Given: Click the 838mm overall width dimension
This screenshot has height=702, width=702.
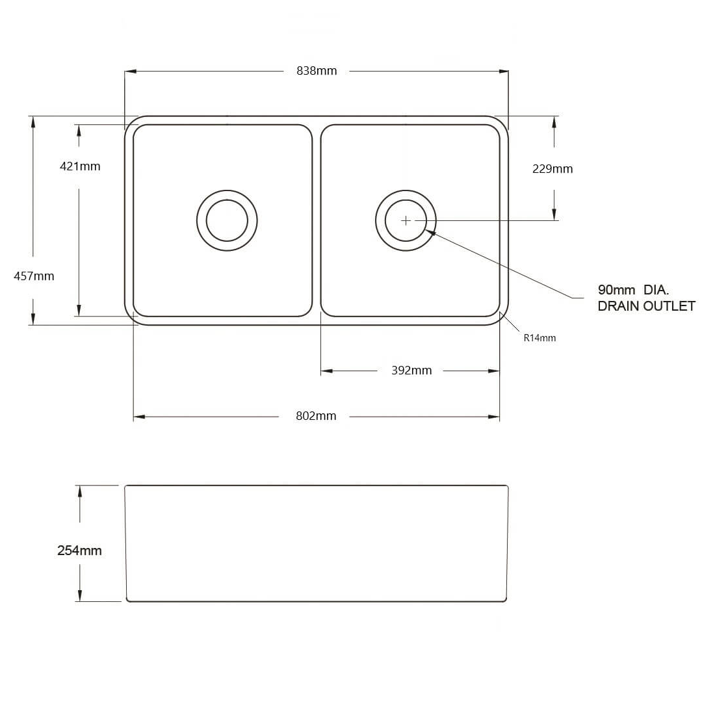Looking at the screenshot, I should pyautogui.click(x=317, y=71).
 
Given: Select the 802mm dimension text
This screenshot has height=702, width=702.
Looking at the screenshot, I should pyautogui.click(x=316, y=416).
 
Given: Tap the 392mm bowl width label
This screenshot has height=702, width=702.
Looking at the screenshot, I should pyautogui.click(x=411, y=370).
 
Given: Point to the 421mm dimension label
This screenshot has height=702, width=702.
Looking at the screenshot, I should pyautogui.click(x=80, y=166).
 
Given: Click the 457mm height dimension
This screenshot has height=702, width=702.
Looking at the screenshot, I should pyautogui.click(x=34, y=276).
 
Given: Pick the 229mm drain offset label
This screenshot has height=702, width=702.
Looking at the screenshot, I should pyautogui.click(x=552, y=169).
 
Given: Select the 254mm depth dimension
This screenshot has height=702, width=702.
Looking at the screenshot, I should pyautogui.click(x=79, y=551).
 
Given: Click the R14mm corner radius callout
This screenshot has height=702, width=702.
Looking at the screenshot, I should pyautogui.click(x=539, y=338).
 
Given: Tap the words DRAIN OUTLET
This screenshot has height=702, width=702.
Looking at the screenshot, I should pyautogui.click(x=646, y=306).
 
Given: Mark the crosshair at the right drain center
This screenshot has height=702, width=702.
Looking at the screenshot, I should pyautogui.click(x=406, y=220).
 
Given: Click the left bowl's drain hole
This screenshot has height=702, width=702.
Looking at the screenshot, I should pyautogui.click(x=227, y=220).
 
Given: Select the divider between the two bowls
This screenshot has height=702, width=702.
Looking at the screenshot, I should pyautogui.click(x=317, y=220).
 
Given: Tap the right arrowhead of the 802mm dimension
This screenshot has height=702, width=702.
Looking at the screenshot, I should pyautogui.click(x=495, y=417).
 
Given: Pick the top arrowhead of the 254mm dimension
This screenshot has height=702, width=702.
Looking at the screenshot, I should pyautogui.click(x=80, y=491).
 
